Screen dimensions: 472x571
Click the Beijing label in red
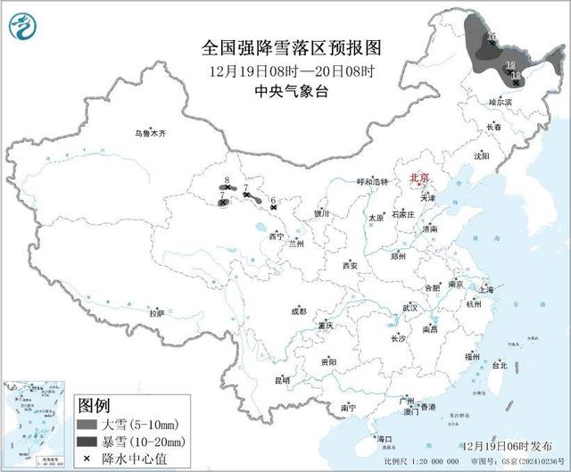click(418, 178)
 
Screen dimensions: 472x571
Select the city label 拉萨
click(157, 313)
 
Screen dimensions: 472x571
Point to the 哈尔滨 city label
click(501, 103)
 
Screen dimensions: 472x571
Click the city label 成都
click(297, 311)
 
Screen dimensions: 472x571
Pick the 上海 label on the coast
click(485, 289)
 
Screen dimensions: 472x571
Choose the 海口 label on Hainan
click(385, 439)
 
